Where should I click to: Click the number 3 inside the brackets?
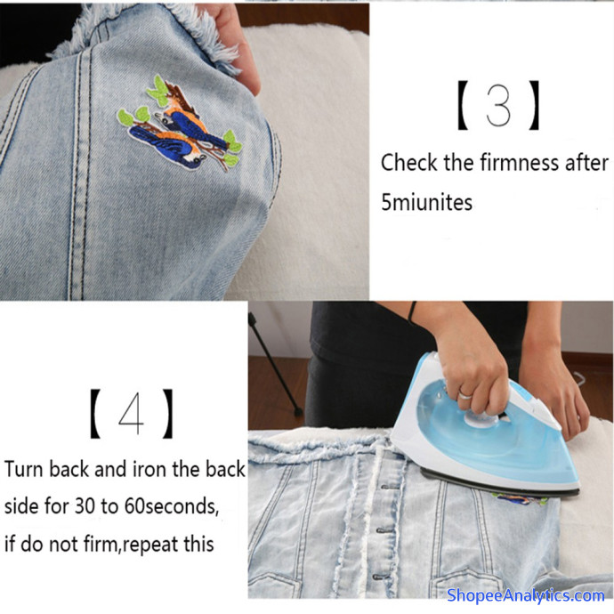click(498, 105)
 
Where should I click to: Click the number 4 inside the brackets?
click(131, 413)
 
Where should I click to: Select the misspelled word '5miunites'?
click(426, 203)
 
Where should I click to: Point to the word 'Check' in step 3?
click(409, 163)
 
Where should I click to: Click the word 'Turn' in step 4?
click(24, 469)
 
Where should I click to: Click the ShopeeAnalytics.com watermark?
click(525, 595)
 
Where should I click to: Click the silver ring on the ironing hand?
click(465, 393)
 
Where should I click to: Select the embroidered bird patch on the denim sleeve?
click(180, 124)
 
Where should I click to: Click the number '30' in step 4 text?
click(85, 506)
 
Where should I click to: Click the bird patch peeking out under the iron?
click(520, 499)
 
